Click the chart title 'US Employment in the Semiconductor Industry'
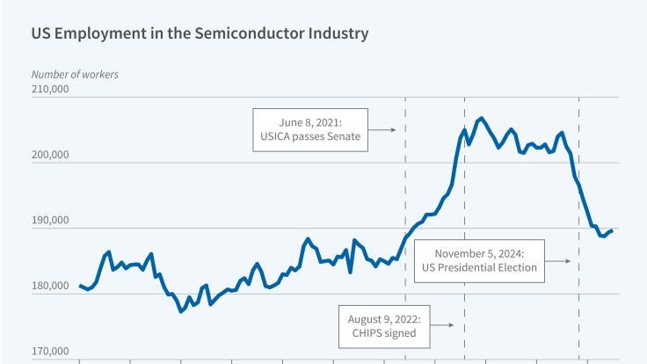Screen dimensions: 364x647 (200, 33)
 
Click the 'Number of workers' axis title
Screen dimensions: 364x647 (75, 75)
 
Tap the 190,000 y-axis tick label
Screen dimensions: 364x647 (50, 221)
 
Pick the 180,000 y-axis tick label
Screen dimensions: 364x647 (50, 287)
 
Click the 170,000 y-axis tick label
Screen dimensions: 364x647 (50, 353)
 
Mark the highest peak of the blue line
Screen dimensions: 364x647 (481, 118)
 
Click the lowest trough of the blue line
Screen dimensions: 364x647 (180, 311)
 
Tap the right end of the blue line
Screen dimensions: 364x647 (612, 230)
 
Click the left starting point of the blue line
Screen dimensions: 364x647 (79, 285)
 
